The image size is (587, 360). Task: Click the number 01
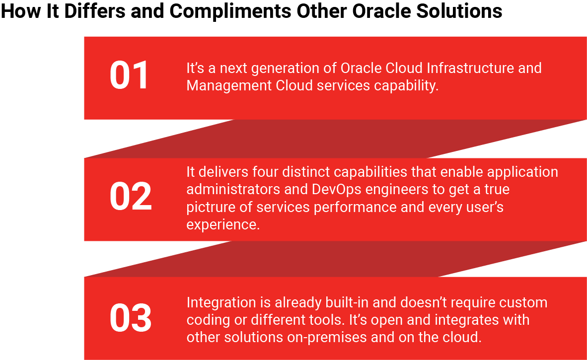(129, 75)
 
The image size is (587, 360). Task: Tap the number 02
(131, 197)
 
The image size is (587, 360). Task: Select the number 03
(131, 318)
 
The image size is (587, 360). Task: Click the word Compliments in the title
(230, 11)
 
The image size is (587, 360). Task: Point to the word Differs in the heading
(95, 10)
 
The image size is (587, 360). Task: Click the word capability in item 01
(406, 86)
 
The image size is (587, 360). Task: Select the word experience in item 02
(223, 225)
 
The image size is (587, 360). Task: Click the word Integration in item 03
(221, 303)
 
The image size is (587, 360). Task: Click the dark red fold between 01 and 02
(335, 139)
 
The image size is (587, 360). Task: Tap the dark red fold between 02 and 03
(335, 259)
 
